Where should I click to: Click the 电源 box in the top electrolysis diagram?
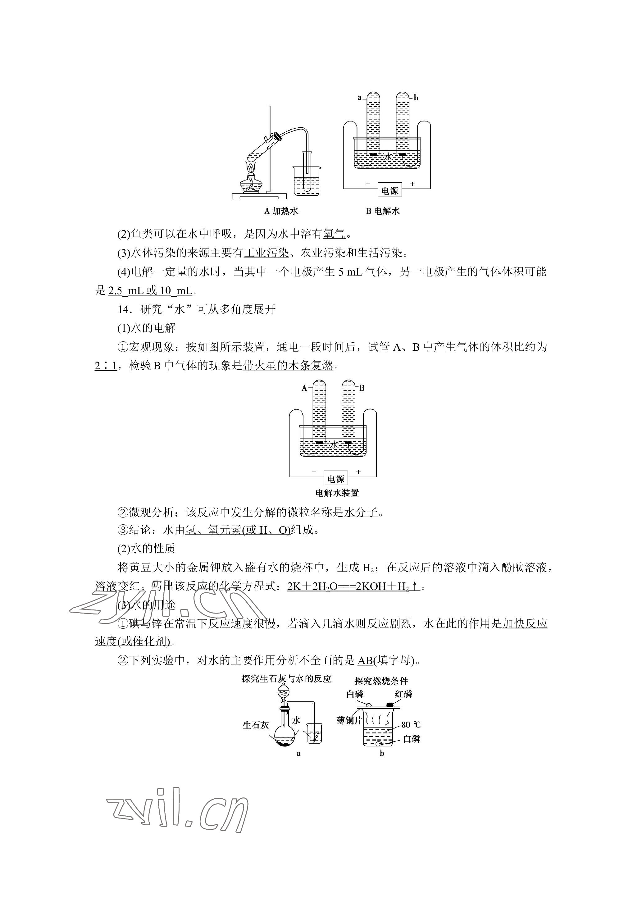click(x=389, y=191)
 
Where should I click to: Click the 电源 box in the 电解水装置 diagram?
click(x=336, y=479)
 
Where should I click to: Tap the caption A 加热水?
click(x=281, y=211)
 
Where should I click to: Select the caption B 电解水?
click(x=383, y=211)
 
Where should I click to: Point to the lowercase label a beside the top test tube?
click(x=359, y=98)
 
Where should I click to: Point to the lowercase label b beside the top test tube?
click(x=416, y=98)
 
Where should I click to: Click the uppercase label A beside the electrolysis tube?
click(x=304, y=388)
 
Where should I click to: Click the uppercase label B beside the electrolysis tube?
click(x=362, y=388)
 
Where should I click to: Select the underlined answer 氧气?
click(x=334, y=234)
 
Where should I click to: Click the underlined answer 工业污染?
click(x=266, y=253)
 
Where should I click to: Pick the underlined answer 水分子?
click(x=361, y=513)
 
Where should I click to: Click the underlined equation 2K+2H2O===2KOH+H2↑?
click(x=353, y=586)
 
